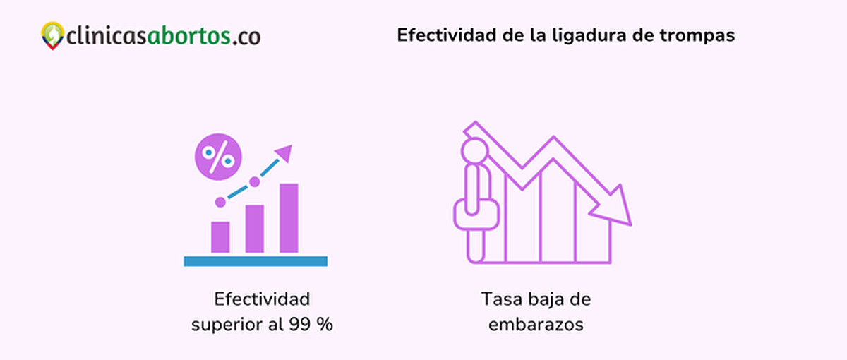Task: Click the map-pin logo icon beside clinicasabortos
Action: tap(52, 35)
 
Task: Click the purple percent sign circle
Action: tap(218, 157)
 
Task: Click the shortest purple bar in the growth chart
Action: tap(220, 237)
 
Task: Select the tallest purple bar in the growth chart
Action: tap(289, 217)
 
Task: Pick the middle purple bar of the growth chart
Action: tap(254, 229)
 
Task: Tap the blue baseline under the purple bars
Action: tap(256, 261)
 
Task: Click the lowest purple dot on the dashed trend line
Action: tap(220, 202)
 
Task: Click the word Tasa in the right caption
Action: tap(498, 299)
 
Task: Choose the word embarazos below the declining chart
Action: tap(536, 325)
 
